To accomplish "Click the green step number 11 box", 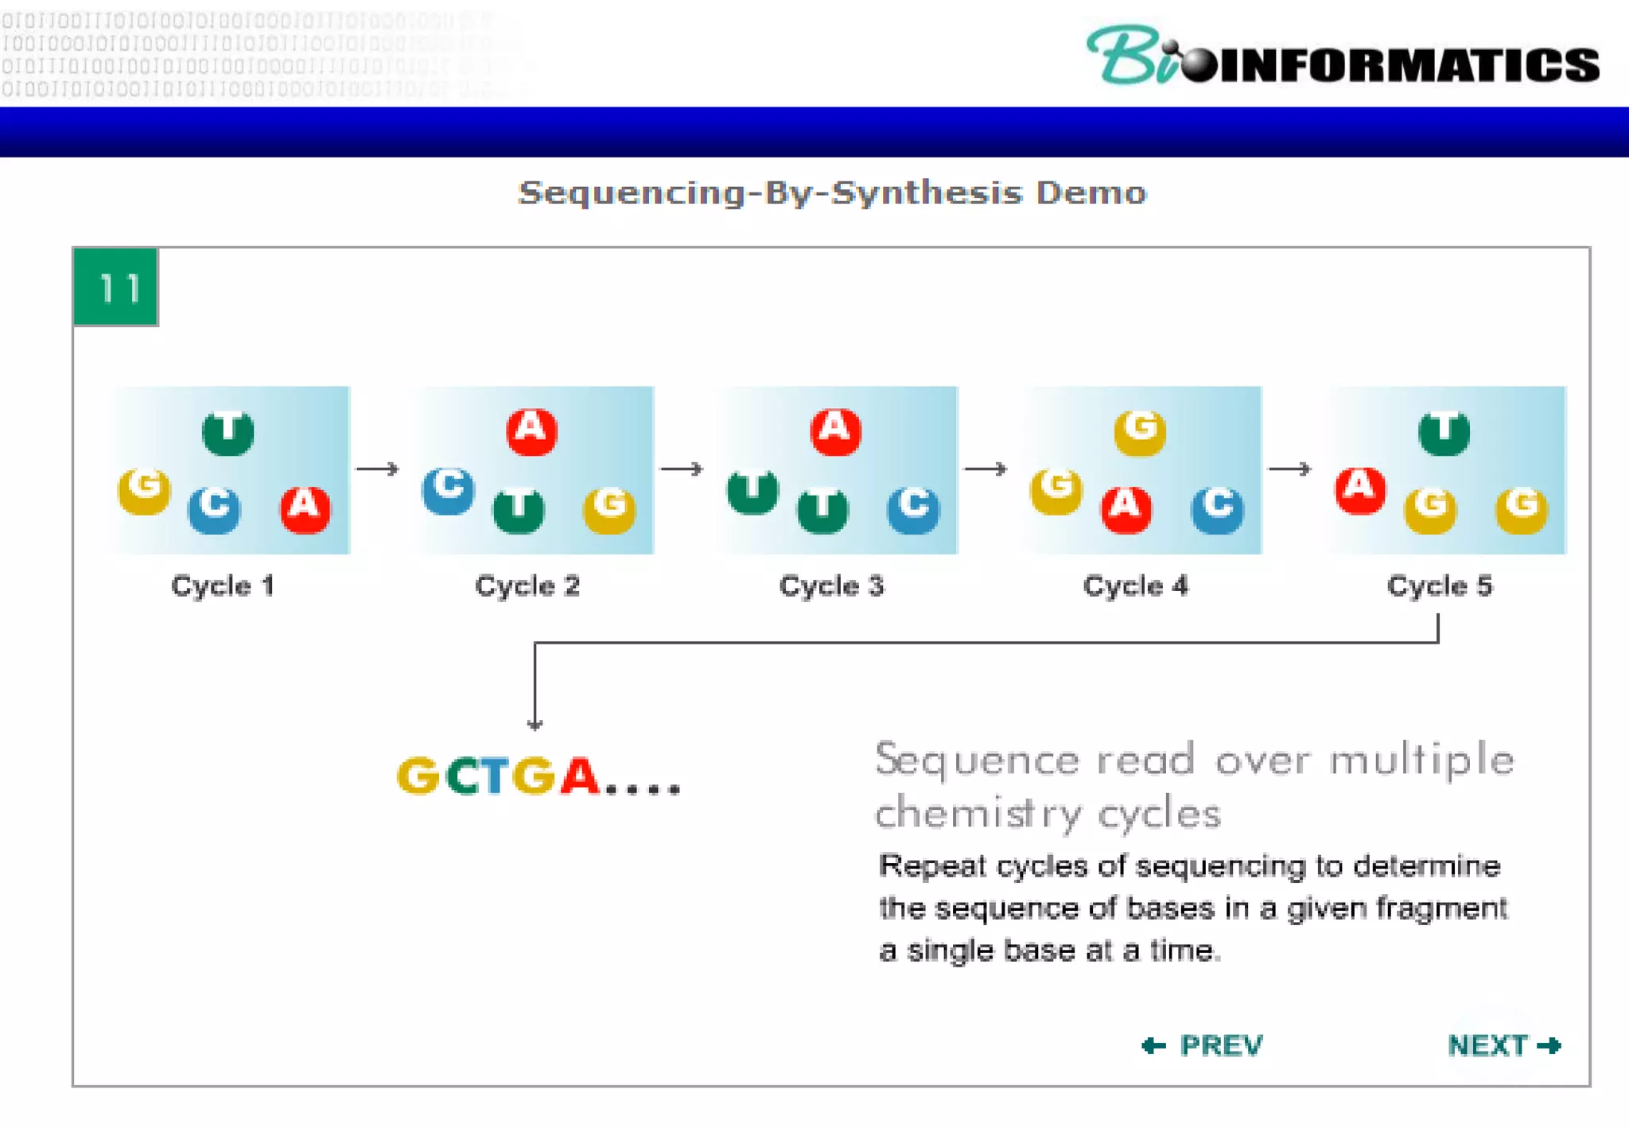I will point(115,287).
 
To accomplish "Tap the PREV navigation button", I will point(1203,1045).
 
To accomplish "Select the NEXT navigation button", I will point(1503,1045).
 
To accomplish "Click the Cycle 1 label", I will point(223,586).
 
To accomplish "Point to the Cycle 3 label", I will point(831,586).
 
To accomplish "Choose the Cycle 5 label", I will point(1440,586).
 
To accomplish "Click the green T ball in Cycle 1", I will point(228,432).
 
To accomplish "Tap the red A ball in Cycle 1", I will point(305,508).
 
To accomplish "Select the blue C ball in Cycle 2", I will point(448,489).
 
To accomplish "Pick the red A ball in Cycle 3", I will point(835,431).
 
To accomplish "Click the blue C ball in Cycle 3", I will point(913,508).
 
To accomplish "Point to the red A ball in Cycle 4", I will point(1126,508).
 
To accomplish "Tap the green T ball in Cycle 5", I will point(1444,432).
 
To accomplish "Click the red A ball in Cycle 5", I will point(1360,489).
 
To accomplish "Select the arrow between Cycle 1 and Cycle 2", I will point(377,469).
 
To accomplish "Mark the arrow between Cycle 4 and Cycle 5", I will point(1289,469).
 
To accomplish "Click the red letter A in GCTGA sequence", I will point(579,776).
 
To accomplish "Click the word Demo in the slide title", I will point(1091,193).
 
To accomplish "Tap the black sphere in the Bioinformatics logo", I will point(1198,64).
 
